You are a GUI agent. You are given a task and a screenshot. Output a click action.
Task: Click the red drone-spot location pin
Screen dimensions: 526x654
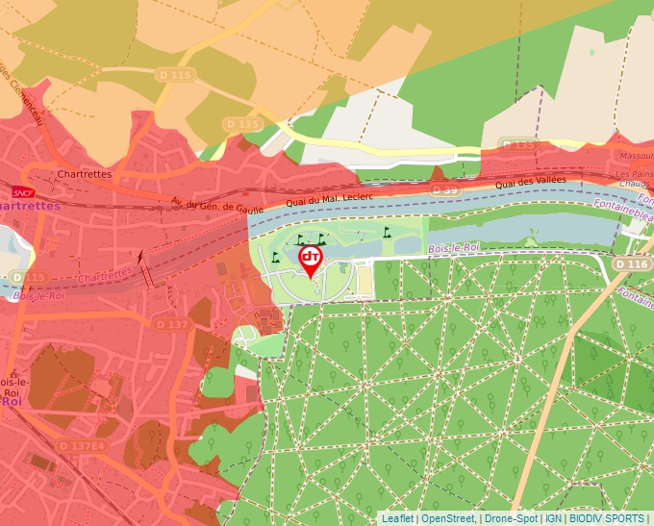point(311,261)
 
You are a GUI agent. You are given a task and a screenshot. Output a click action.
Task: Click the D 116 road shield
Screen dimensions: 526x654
point(632,263)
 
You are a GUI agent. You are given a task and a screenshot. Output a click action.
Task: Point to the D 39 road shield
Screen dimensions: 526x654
point(447,190)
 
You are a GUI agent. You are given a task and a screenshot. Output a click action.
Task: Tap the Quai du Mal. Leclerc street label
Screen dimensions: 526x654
point(329,200)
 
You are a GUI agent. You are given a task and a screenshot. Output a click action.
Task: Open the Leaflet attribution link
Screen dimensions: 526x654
point(397,518)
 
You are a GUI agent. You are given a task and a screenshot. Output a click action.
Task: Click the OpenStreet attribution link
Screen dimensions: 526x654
point(448,518)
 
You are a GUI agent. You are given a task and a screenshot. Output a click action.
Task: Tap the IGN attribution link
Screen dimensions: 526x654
point(553,518)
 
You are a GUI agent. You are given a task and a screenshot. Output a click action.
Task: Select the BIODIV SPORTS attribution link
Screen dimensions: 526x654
point(606,518)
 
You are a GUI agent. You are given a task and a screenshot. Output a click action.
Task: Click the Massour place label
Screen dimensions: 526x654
point(636,155)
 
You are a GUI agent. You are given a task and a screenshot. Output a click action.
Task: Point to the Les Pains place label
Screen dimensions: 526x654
point(635,173)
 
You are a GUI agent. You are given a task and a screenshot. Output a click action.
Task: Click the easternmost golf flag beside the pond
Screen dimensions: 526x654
point(388,232)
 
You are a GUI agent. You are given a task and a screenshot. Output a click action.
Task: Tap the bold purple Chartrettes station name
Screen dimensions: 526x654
point(30,206)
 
